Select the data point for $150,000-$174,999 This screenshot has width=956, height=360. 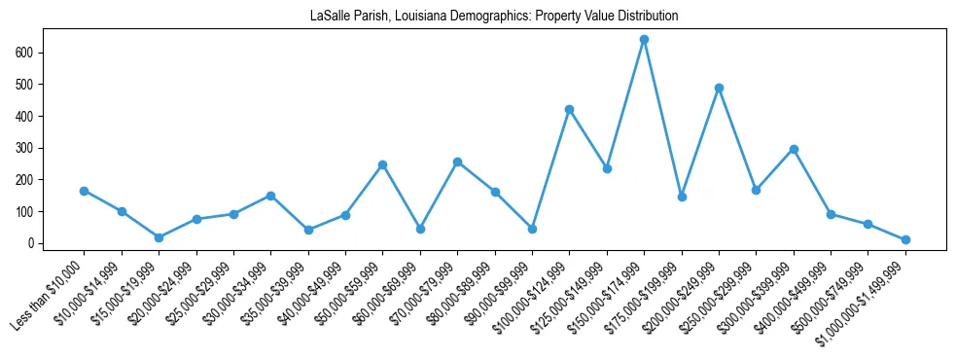pyautogui.click(x=644, y=40)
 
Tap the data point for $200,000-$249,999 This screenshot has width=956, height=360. pyautogui.click(x=719, y=88)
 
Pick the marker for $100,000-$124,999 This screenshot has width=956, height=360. pyautogui.click(x=569, y=109)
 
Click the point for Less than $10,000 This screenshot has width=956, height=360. pyautogui.click(x=84, y=191)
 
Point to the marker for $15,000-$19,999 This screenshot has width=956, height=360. pyautogui.click(x=159, y=237)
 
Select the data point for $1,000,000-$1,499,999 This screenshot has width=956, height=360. pyautogui.click(x=905, y=239)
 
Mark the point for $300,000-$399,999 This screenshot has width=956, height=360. pyautogui.click(x=794, y=149)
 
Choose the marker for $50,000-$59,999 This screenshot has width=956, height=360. pyautogui.click(x=382, y=164)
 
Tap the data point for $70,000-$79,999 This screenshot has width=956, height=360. pyautogui.click(x=457, y=162)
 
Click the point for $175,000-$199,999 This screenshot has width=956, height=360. pyautogui.click(x=682, y=197)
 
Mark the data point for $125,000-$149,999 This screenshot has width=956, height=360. pyautogui.click(x=607, y=168)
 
